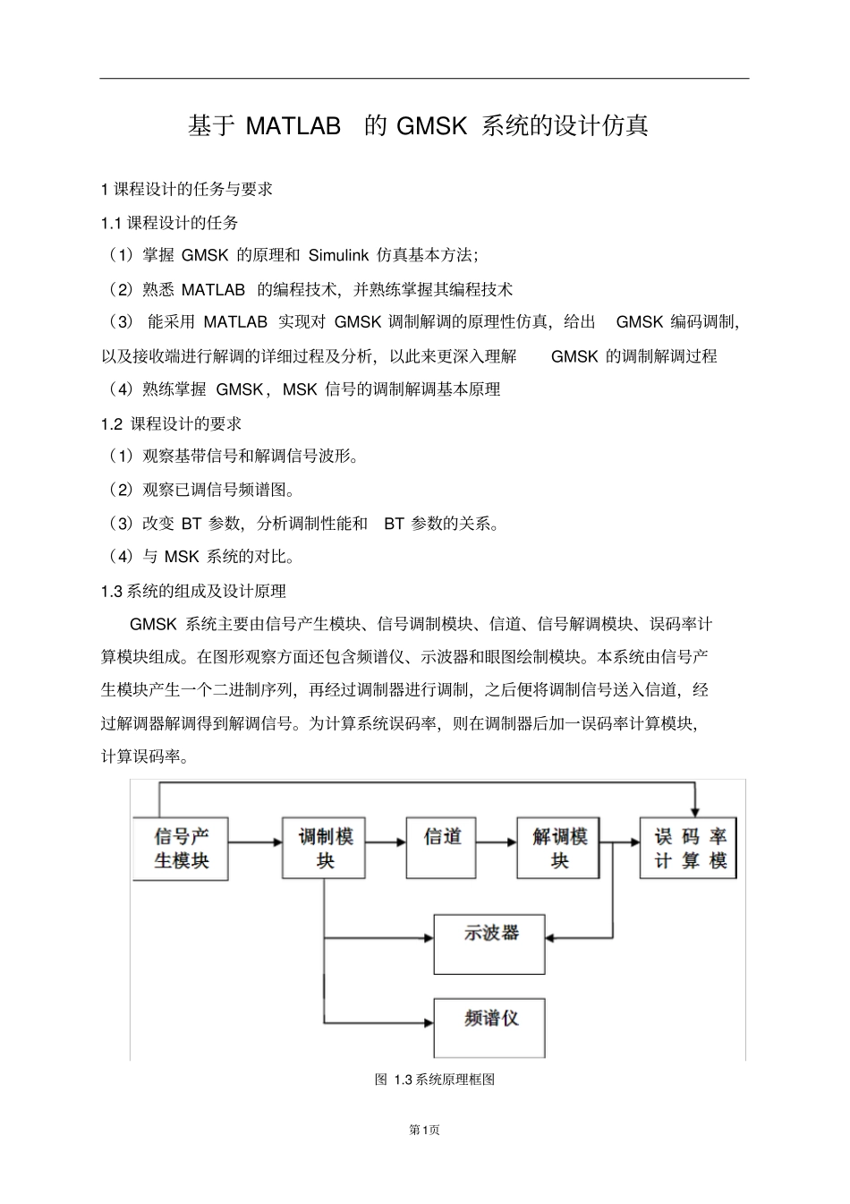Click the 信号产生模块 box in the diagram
click(x=182, y=848)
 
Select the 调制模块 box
click(x=325, y=848)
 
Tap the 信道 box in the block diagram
click(x=442, y=847)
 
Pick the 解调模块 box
click(x=559, y=848)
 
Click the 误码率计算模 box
click(x=688, y=848)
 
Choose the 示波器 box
click(x=489, y=944)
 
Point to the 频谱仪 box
click(x=489, y=1028)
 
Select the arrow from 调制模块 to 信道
click(x=385, y=841)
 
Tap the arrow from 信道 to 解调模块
click(x=497, y=841)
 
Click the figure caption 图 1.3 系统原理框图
click(x=434, y=1080)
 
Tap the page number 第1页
click(x=424, y=1130)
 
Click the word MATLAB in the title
click(x=293, y=126)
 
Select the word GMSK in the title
click(x=431, y=126)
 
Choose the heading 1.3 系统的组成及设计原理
click(x=193, y=591)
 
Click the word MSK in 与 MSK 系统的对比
click(x=182, y=557)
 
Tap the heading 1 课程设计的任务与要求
click(x=187, y=189)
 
